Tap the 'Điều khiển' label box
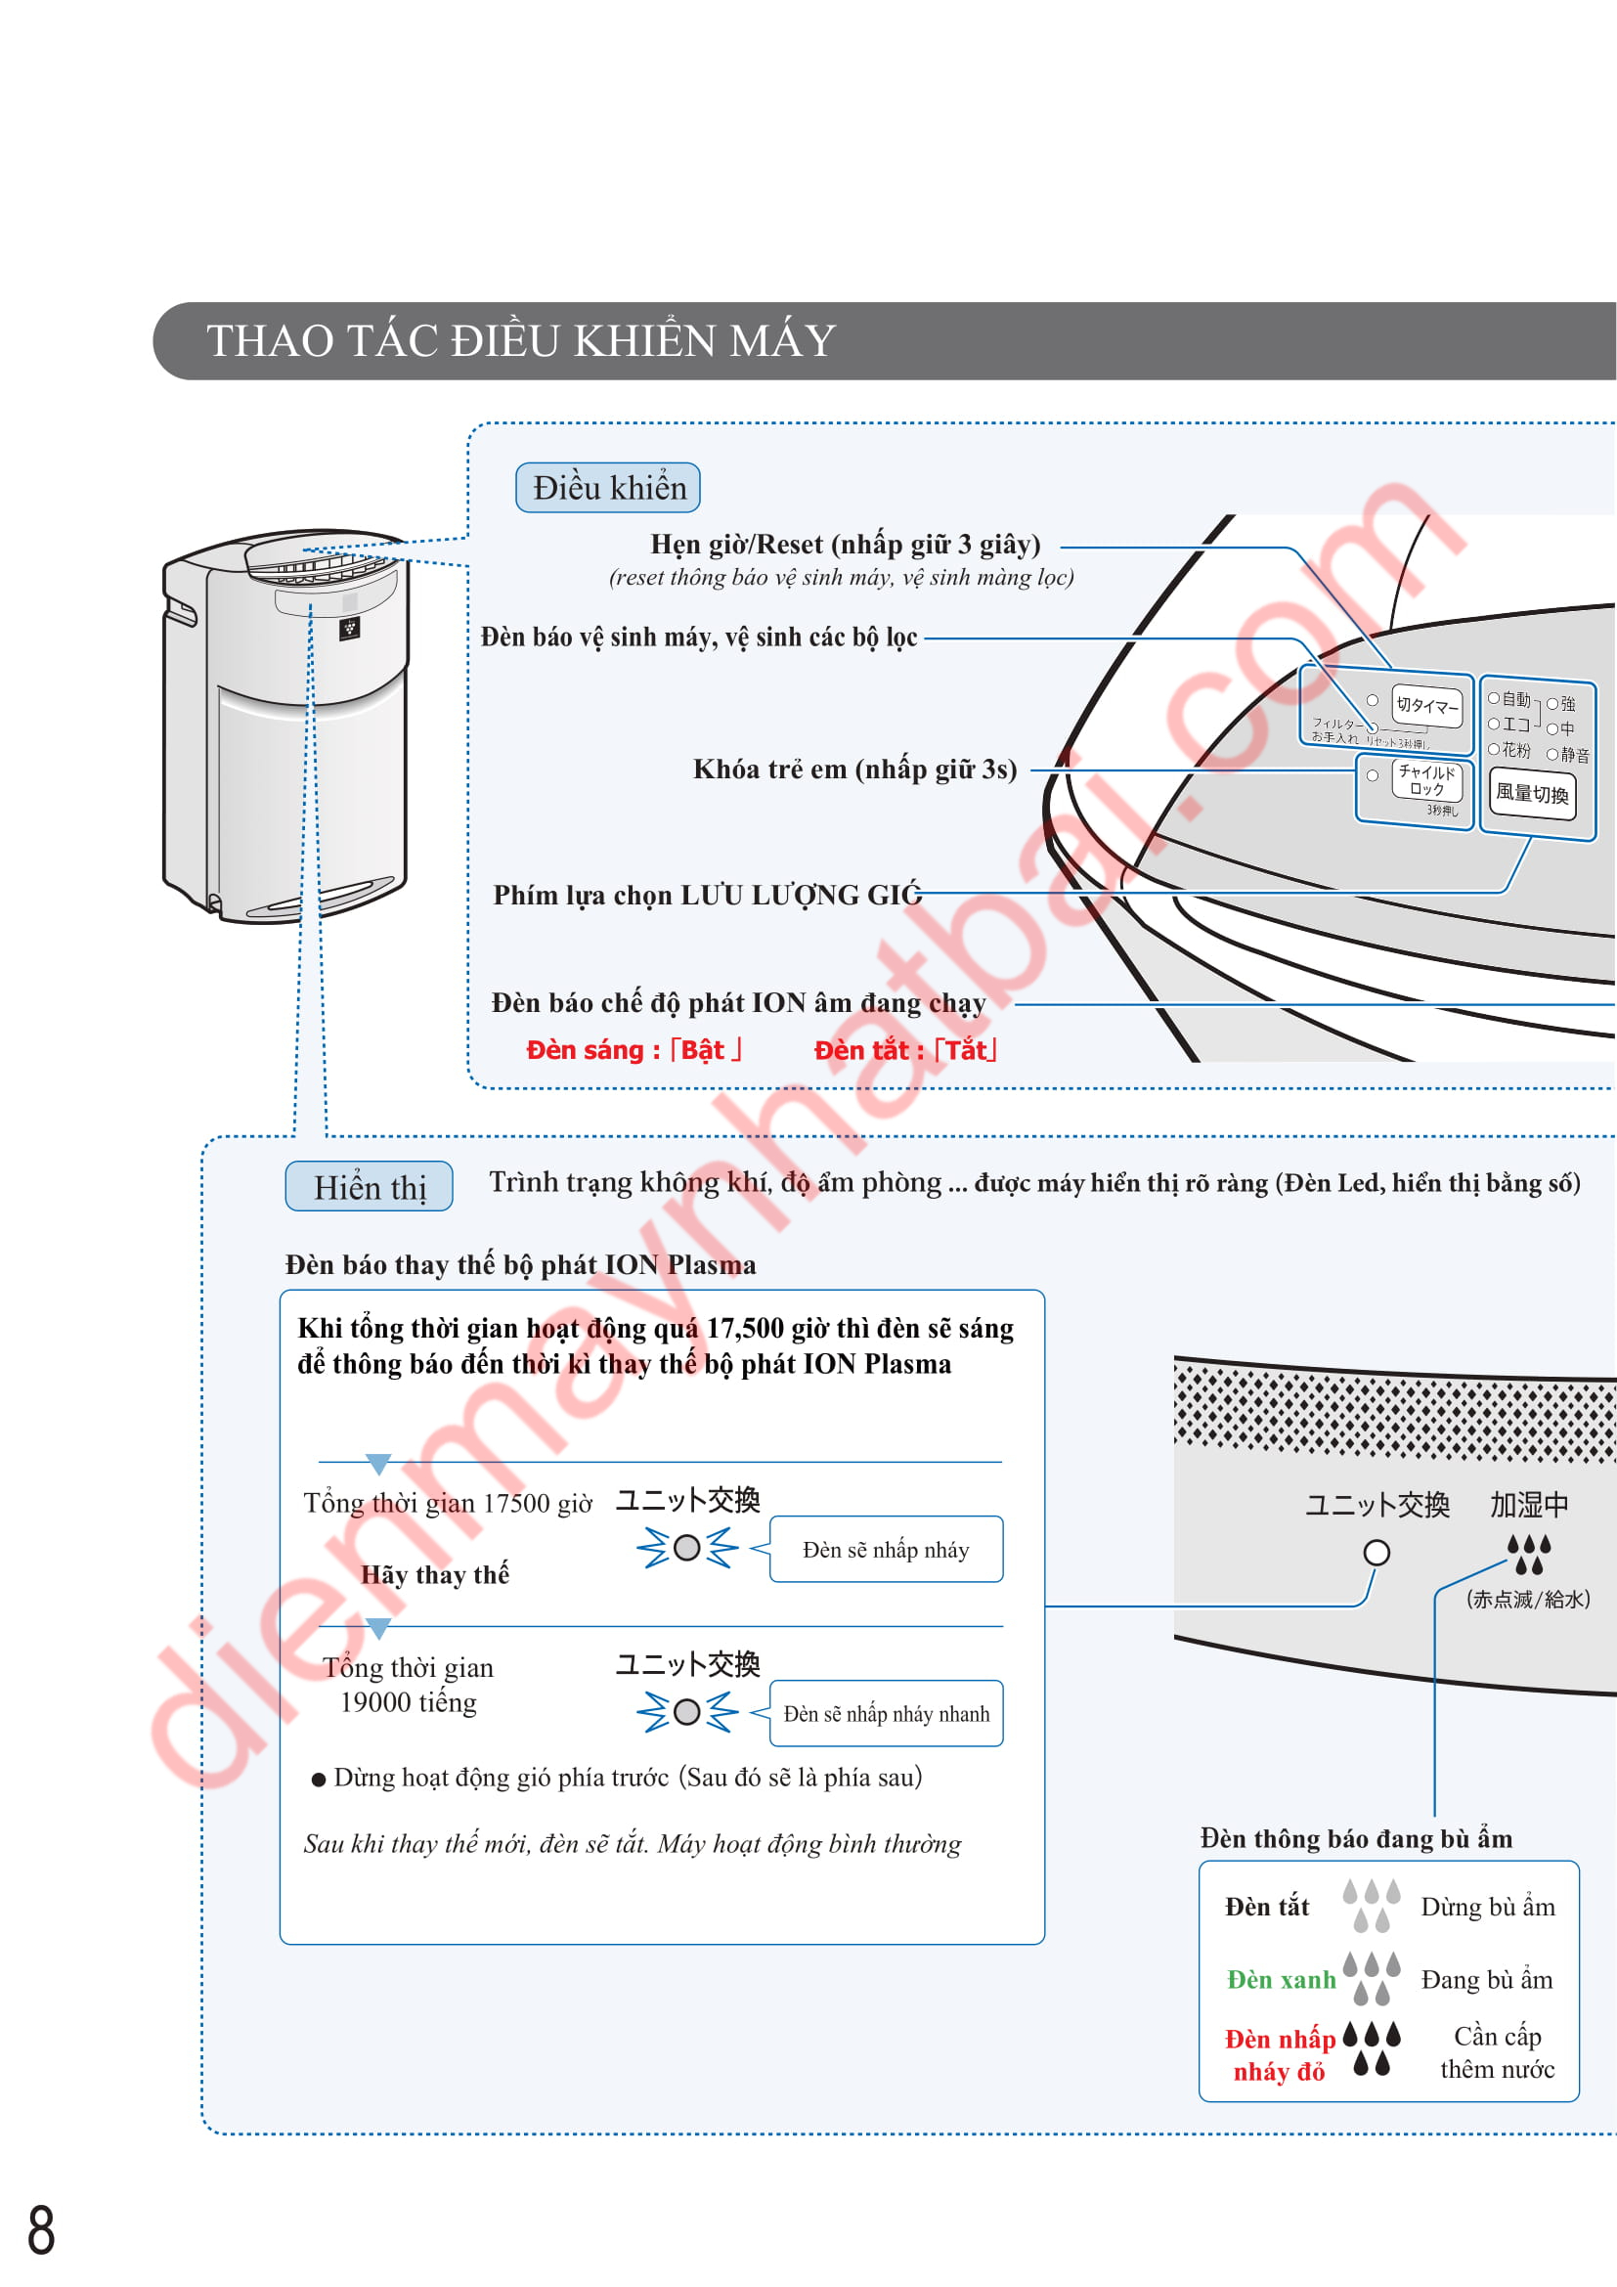point(607,488)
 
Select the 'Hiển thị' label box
point(370,1187)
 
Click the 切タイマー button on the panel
point(1426,705)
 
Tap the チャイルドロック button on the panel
point(1426,780)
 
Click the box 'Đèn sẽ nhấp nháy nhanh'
point(885,1713)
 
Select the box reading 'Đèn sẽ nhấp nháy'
point(885,1550)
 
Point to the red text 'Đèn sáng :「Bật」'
point(634,1050)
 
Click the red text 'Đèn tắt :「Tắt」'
point(905,1050)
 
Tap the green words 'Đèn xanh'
point(1281,1980)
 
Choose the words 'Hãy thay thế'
point(434,1575)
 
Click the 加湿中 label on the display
point(1528,1504)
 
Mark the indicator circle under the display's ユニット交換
point(1377,1552)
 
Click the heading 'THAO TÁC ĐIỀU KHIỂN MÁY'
point(521,340)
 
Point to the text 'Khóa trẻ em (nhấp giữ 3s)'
point(854,769)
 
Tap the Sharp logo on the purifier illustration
point(349,629)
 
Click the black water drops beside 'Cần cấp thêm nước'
point(1371,2049)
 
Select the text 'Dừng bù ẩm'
point(1487,1907)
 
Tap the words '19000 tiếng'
point(409,1702)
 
